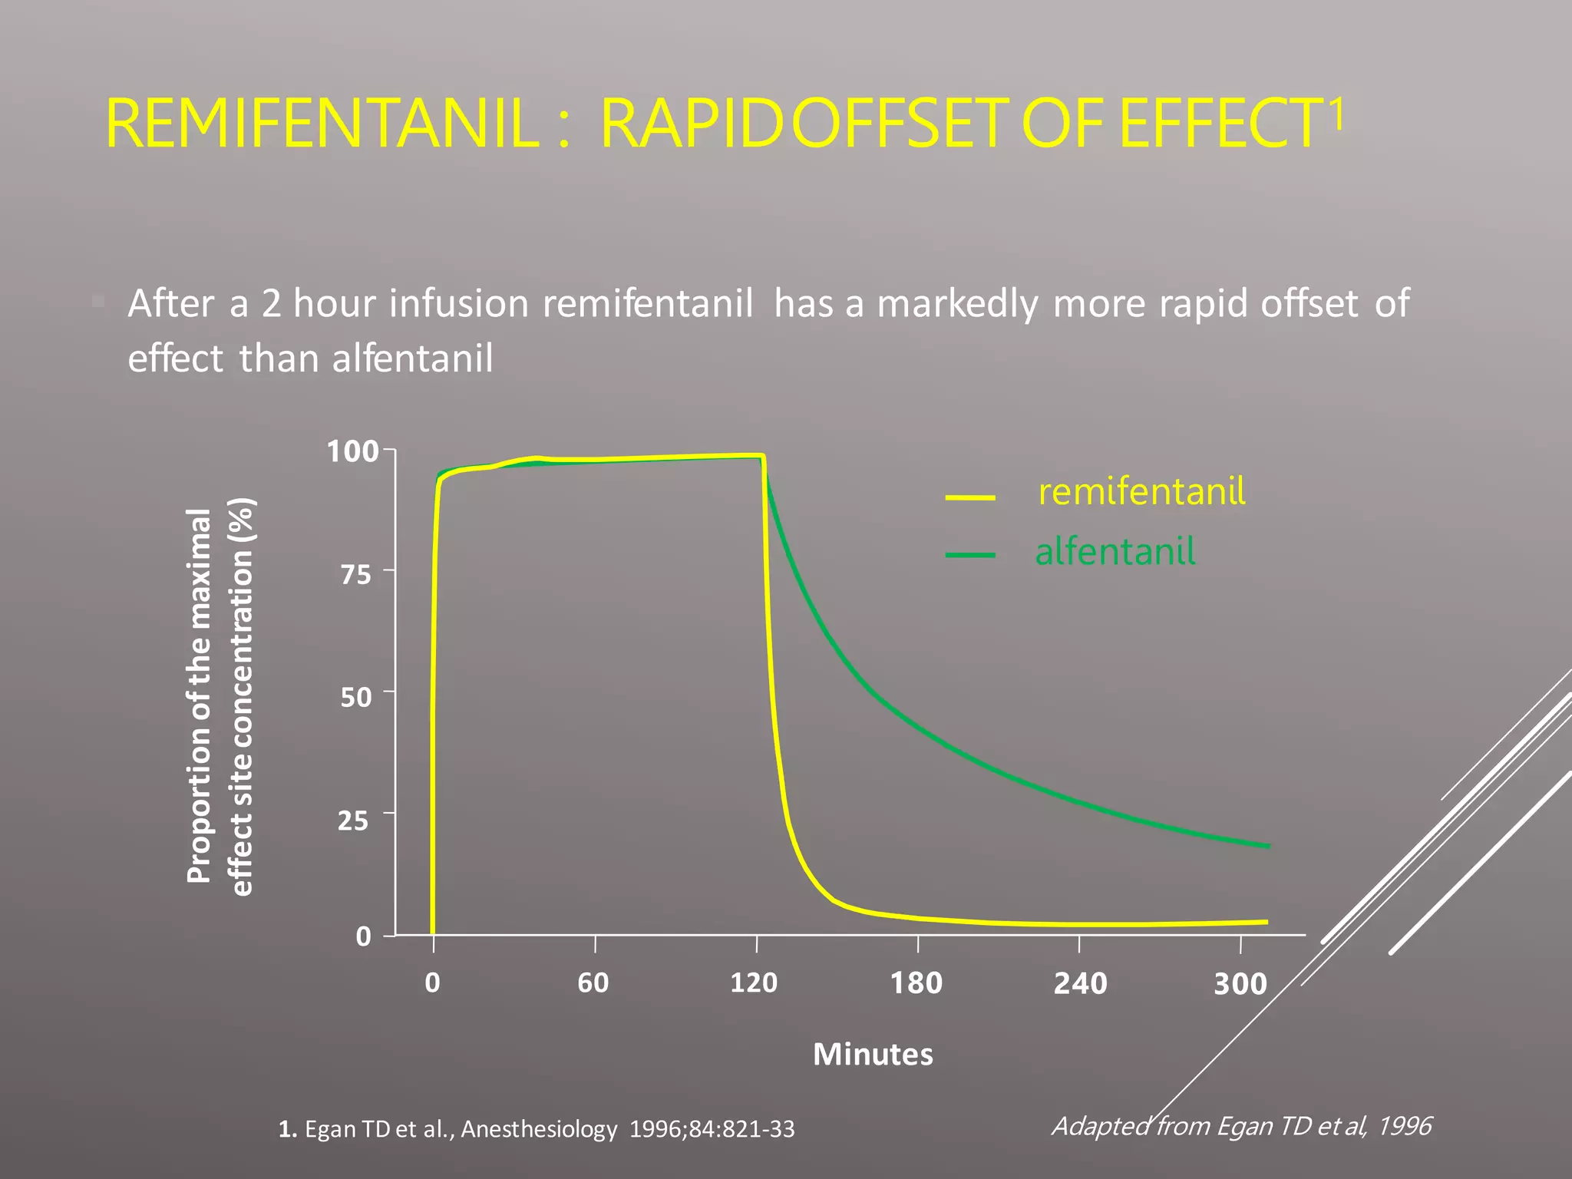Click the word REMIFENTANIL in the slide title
(x=322, y=125)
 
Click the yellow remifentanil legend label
(x=1141, y=491)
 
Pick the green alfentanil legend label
(x=1115, y=552)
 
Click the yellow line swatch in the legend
(x=970, y=498)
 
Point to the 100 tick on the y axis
(x=353, y=451)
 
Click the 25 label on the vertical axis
(x=354, y=821)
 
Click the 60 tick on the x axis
(x=593, y=982)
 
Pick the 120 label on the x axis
(x=754, y=982)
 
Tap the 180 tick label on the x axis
(x=916, y=983)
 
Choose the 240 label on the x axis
(x=1080, y=983)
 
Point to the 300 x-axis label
(x=1240, y=984)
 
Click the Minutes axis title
(x=873, y=1054)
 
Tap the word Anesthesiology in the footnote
(x=539, y=1129)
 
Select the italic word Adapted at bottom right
(x=1101, y=1125)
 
